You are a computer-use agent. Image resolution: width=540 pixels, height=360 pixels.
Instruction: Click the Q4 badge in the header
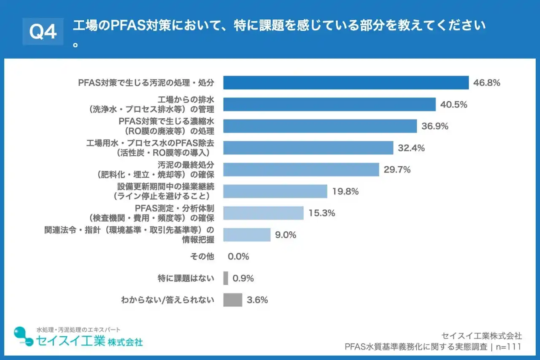click(43, 32)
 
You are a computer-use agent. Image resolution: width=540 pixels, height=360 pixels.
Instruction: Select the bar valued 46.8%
click(346, 83)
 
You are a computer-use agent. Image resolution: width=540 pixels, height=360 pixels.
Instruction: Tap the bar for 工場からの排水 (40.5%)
click(329, 105)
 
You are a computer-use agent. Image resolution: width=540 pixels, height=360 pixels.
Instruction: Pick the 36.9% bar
click(320, 126)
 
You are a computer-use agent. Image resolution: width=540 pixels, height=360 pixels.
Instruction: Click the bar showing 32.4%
click(308, 148)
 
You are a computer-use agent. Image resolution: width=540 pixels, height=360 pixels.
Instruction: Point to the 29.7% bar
click(301, 170)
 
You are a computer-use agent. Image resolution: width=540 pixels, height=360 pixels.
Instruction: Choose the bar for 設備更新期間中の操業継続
click(275, 191)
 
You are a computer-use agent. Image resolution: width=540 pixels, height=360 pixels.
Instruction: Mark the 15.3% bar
click(263, 213)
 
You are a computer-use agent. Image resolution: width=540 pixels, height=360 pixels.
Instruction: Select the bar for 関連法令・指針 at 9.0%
click(247, 235)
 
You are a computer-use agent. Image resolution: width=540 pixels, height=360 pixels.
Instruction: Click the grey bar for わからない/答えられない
click(232, 300)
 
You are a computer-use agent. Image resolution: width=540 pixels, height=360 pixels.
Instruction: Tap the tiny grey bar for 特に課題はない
click(226, 278)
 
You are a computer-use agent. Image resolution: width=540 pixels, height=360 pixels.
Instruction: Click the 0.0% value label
click(238, 257)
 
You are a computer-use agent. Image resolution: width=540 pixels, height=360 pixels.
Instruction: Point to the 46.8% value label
click(486, 83)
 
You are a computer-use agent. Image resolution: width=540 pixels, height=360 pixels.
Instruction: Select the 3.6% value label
click(257, 300)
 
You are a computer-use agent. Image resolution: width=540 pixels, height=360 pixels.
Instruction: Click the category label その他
click(202, 257)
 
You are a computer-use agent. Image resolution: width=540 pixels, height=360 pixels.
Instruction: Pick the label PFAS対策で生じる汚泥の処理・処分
click(146, 83)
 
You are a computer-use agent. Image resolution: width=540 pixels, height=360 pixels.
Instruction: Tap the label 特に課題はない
click(185, 278)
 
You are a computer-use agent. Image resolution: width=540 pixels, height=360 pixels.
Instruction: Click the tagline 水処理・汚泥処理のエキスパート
click(78, 329)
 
